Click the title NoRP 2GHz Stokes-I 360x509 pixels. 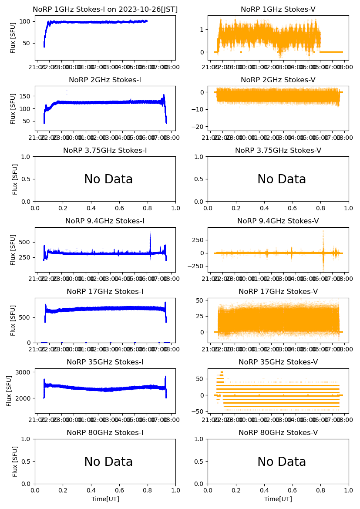(x=105, y=80)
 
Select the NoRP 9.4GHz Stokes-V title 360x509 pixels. (x=278, y=221)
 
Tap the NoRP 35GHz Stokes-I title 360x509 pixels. (x=105, y=362)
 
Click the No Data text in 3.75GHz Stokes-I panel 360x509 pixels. (x=108, y=179)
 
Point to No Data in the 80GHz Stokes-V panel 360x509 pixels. (x=282, y=462)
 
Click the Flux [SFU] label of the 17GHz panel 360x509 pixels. (x=13, y=320)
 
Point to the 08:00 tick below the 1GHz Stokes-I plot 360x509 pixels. (x=171, y=67)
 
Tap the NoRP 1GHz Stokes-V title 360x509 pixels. (x=278, y=10)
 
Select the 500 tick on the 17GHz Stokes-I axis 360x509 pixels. (x=24, y=317)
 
